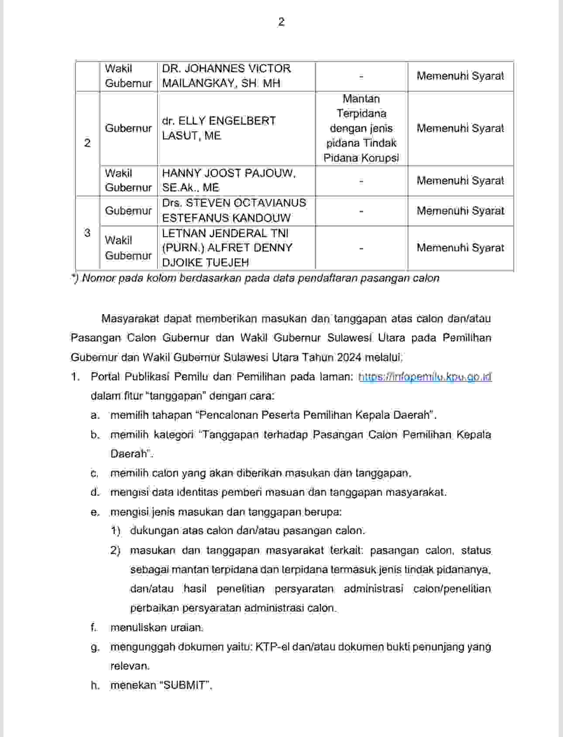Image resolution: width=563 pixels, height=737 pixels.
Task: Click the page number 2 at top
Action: [281, 22]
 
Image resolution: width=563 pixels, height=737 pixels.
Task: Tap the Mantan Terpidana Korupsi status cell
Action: [361, 128]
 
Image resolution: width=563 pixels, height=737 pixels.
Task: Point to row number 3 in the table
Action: [87, 233]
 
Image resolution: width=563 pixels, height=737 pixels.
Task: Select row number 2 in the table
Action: [87, 143]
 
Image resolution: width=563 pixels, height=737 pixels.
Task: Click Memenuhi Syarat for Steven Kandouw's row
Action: [460, 211]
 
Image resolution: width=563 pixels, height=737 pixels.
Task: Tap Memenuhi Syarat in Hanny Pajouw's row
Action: [460, 181]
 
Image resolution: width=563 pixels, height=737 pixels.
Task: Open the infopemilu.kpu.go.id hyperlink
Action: [425, 377]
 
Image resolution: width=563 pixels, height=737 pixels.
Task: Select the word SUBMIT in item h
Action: [185, 685]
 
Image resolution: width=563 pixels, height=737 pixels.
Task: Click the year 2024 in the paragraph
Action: [348, 357]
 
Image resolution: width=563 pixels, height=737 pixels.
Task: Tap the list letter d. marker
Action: [95, 492]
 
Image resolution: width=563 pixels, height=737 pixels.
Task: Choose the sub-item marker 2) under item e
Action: [115, 550]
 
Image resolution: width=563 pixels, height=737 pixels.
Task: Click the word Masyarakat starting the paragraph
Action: [130, 319]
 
